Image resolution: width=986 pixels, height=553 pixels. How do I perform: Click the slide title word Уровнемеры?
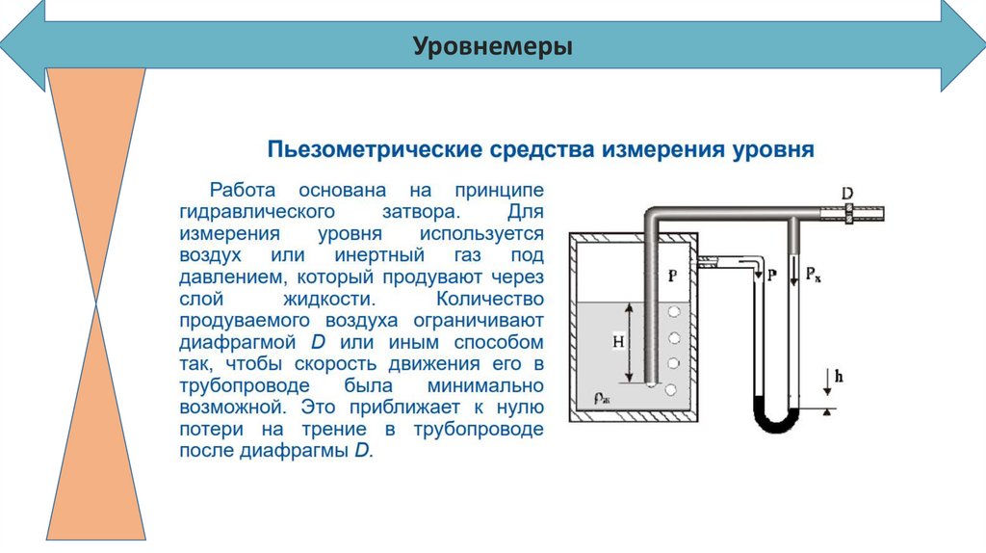point(493,46)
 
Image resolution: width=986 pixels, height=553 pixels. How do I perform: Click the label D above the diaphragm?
point(847,194)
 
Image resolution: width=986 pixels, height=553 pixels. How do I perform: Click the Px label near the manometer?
point(813,275)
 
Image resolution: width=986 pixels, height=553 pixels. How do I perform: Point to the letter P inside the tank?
point(673,276)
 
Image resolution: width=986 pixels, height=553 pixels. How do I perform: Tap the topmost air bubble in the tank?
point(674,313)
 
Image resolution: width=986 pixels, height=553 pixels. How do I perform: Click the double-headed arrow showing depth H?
point(630,342)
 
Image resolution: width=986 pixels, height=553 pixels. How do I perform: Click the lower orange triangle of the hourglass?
point(96,434)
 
